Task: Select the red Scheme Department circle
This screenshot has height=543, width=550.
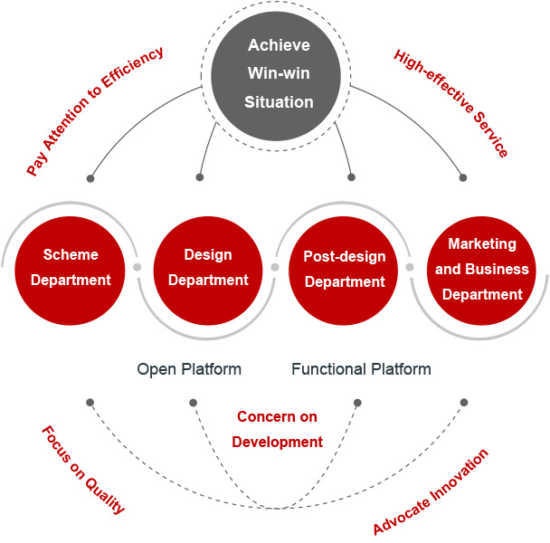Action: point(71,267)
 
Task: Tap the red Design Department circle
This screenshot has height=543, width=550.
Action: point(208,267)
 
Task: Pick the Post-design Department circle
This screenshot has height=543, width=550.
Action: point(345,269)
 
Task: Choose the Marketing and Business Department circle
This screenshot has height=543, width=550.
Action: point(481,269)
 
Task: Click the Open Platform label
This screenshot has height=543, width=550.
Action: point(189,369)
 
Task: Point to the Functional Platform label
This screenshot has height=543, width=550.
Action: point(361,369)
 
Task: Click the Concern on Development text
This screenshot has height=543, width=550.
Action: point(277,429)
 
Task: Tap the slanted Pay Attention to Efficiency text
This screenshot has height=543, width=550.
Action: point(95,110)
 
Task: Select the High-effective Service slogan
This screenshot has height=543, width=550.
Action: point(451,103)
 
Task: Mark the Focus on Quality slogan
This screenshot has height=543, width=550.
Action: point(83,470)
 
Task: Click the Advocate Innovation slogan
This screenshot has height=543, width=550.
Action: point(431,491)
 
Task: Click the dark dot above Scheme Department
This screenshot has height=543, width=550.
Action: point(90,177)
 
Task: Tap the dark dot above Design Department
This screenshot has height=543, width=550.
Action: point(200,177)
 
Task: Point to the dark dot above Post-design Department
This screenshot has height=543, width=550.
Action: point(351,177)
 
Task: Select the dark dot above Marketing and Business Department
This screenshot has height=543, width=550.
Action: point(464,177)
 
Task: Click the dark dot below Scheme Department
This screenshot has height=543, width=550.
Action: point(90,402)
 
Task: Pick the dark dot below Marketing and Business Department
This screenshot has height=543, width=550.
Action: point(464,402)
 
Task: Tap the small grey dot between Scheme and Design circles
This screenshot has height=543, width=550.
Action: point(137,268)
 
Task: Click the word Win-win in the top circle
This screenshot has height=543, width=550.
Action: point(278,74)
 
